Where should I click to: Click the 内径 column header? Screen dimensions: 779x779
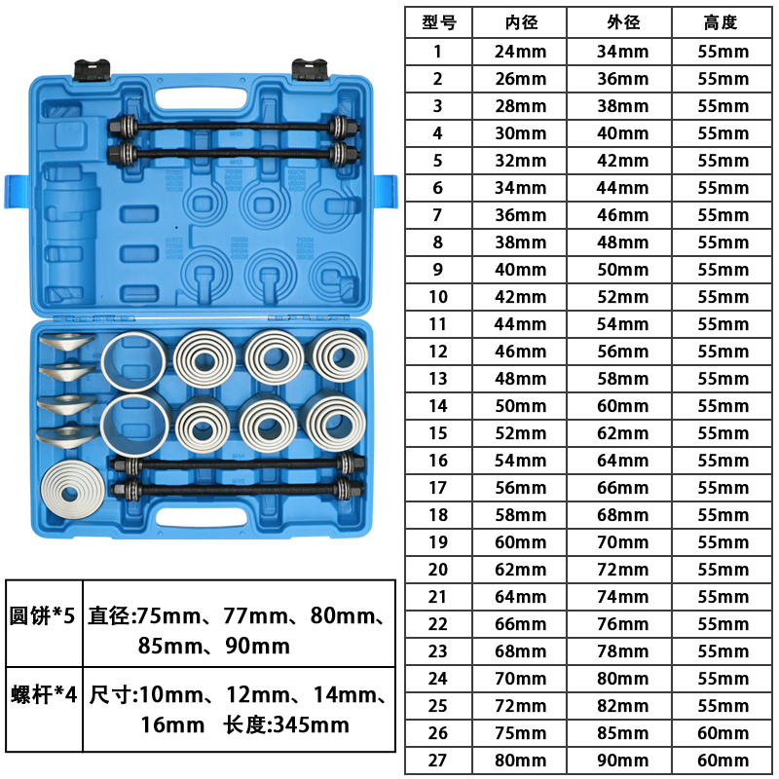[x=521, y=22]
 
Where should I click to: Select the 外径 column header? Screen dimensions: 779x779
[x=623, y=22]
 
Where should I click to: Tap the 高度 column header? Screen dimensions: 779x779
[x=721, y=22]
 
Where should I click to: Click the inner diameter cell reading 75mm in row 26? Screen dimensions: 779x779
[x=521, y=733]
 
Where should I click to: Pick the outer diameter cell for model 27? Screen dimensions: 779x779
[x=623, y=760]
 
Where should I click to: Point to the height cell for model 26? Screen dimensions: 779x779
[x=723, y=733]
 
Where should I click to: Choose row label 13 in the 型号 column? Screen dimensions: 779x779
[x=437, y=379]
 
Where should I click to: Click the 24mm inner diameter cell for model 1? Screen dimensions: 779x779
[x=521, y=52]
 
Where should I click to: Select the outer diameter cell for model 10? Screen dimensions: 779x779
[x=623, y=297]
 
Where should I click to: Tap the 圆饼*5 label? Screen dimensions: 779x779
[x=42, y=615]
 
